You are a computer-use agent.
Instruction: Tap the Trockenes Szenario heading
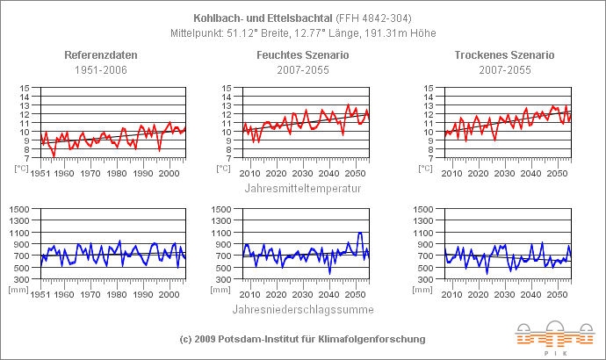coord(504,55)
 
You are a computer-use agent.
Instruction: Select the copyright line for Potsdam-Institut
coord(302,338)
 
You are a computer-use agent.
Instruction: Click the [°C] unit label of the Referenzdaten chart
coord(22,167)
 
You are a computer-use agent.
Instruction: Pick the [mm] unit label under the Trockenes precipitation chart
coord(426,288)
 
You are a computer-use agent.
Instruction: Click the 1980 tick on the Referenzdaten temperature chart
coord(116,173)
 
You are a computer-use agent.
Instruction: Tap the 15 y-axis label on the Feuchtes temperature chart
coord(227,88)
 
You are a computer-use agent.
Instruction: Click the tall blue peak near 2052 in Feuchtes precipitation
coord(360,233)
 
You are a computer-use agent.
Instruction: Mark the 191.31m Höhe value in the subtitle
coord(409,33)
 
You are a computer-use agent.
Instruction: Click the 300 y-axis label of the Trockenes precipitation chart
coord(426,278)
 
